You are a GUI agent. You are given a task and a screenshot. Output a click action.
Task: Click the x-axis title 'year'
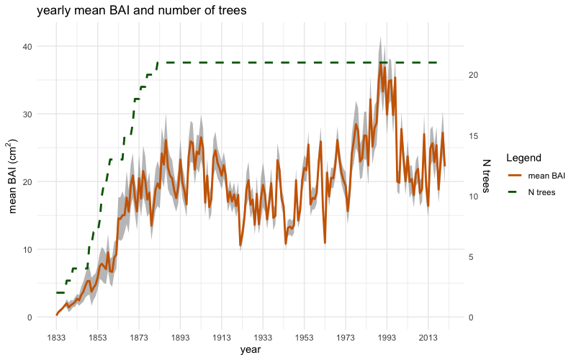pyautogui.click(x=251, y=349)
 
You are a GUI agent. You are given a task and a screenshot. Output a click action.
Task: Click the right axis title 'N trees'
pyautogui.click(x=487, y=177)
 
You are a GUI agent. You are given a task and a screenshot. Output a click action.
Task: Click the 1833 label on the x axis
pyautogui.click(x=56, y=337)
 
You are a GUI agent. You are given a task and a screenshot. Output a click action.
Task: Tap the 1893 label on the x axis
pyautogui.click(x=180, y=337)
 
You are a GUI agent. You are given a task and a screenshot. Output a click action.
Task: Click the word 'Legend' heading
pyautogui.click(x=523, y=158)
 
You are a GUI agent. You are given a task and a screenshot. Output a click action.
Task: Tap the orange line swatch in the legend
pyautogui.click(x=516, y=175)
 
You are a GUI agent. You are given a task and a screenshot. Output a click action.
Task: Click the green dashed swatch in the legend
pyautogui.click(x=516, y=192)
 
